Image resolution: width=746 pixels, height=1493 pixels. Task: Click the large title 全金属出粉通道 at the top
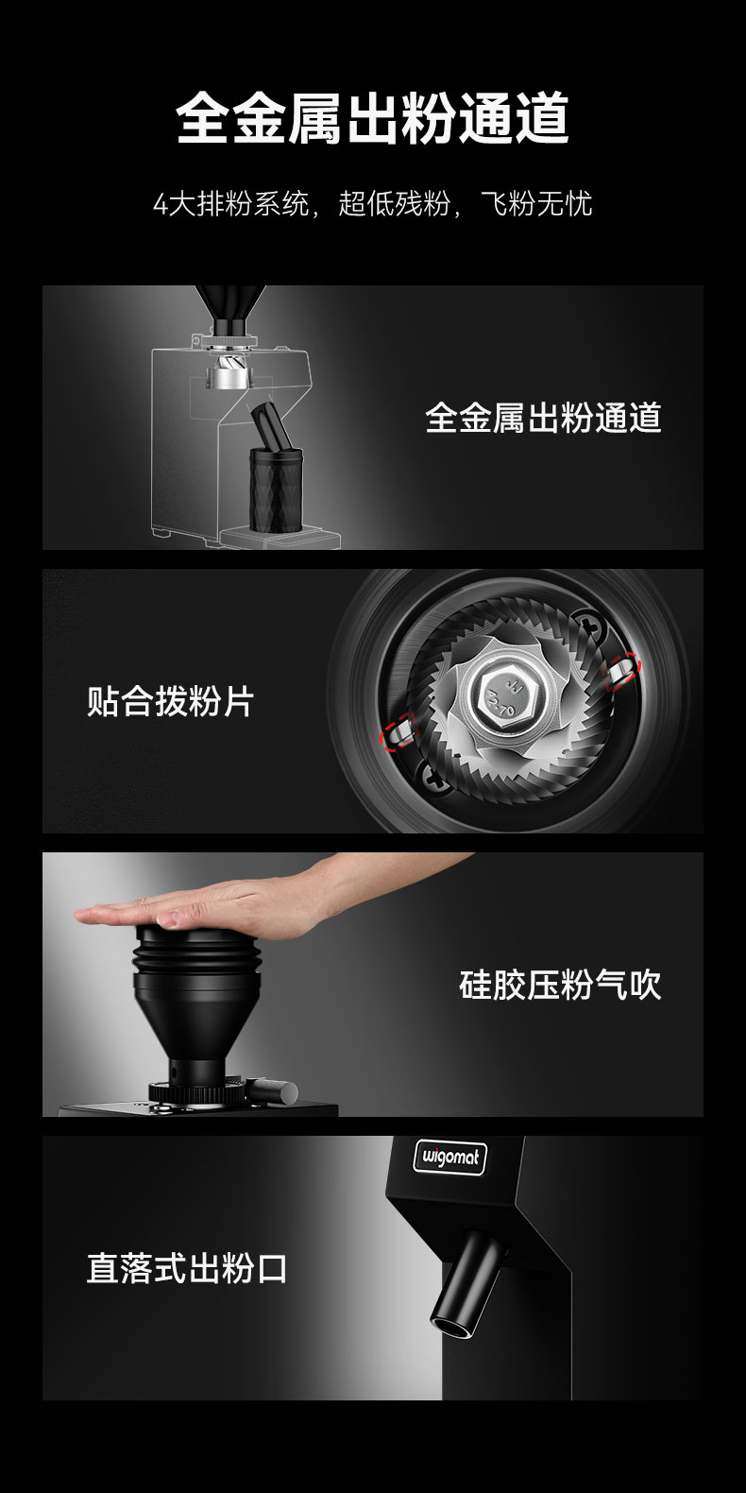[372, 118]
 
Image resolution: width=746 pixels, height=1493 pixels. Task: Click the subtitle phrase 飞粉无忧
[536, 203]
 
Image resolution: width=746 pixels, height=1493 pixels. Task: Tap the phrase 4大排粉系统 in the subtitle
[231, 203]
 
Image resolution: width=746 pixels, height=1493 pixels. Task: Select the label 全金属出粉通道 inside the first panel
[544, 418]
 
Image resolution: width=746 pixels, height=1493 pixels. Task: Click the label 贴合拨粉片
[171, 701]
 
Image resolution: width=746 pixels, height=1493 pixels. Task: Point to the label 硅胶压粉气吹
[560, 985]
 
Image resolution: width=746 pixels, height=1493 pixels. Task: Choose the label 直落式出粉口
[187, 1268]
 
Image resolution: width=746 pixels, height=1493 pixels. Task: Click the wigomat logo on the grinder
[449, 1157]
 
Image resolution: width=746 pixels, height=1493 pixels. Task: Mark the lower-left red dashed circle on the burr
[398, 731]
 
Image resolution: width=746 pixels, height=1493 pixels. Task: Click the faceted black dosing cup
[276, 489]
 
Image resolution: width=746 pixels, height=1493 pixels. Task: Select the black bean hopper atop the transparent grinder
[229, 309]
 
